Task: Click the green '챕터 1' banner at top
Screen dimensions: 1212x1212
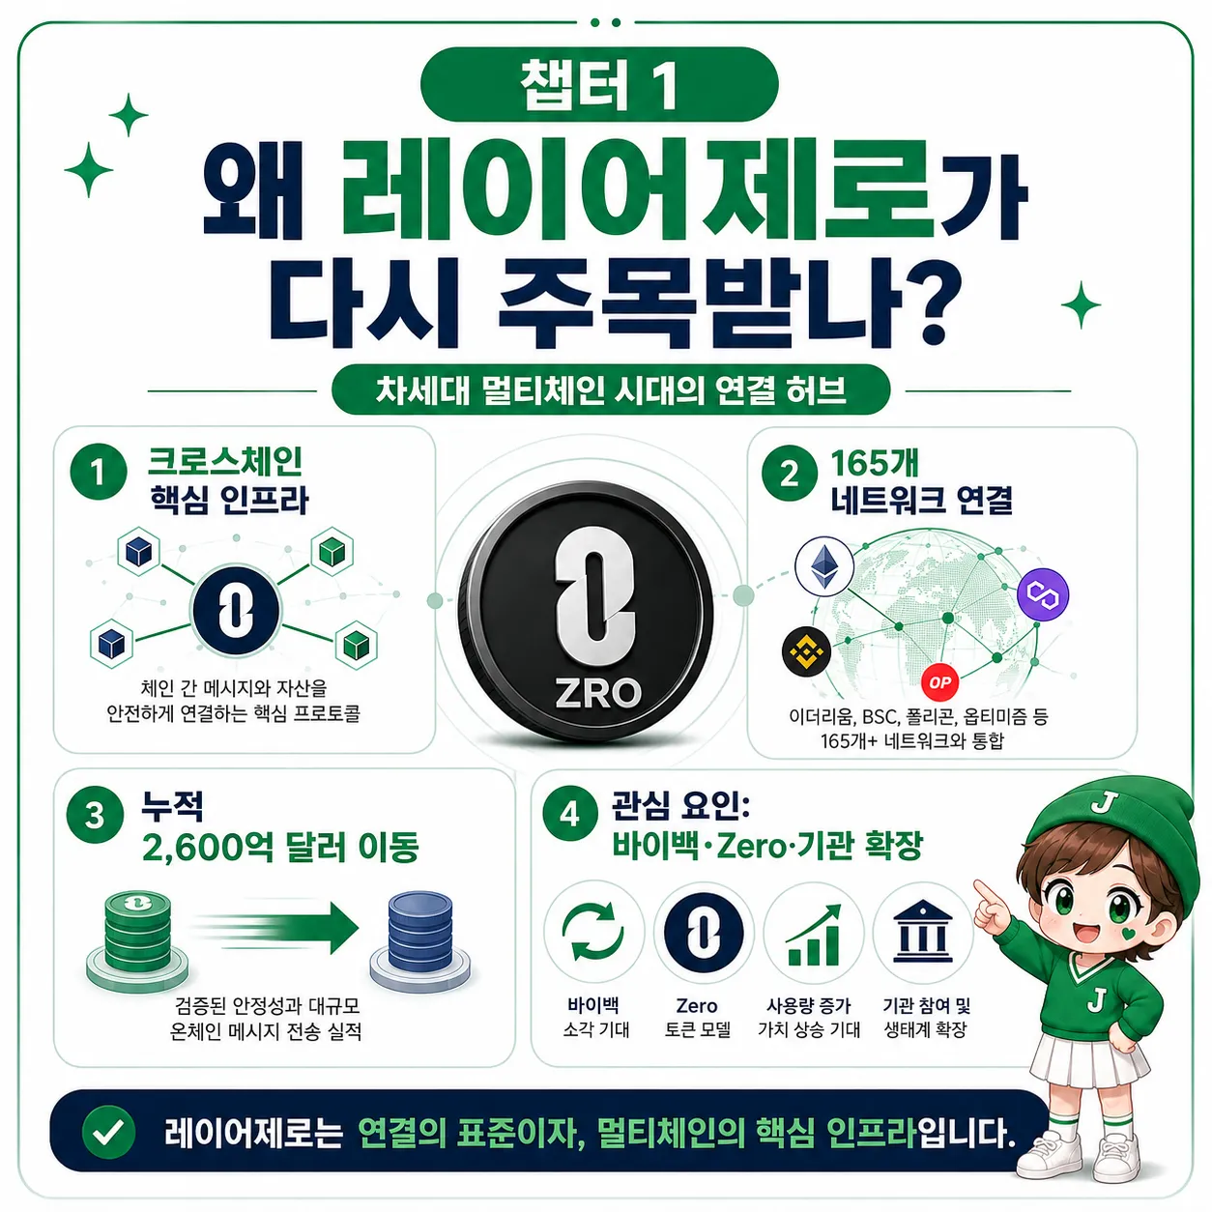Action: pos(598,84)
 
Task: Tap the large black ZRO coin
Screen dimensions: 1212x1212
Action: pos(585,612)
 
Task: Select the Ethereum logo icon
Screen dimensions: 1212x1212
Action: pos(823,566)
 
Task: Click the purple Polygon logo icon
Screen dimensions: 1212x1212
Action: pos(1043,593)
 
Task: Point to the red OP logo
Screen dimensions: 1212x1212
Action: pos(939,682)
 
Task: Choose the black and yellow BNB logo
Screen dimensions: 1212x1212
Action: pos(806,651)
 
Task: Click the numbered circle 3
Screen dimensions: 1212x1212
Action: pos(95,816)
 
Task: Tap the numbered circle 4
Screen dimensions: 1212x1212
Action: pos(570,816)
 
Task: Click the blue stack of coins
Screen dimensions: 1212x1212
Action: pos(420,941)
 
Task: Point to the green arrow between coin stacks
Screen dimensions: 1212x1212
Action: pos(276,929)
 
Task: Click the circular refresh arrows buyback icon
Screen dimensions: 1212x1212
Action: pos(593,932)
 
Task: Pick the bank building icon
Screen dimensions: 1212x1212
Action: pos(923,931)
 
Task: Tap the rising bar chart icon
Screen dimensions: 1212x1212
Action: pos(813,935)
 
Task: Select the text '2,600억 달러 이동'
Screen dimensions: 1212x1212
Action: pos(280,848)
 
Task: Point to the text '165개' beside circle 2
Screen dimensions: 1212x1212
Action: pos(875,464)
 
